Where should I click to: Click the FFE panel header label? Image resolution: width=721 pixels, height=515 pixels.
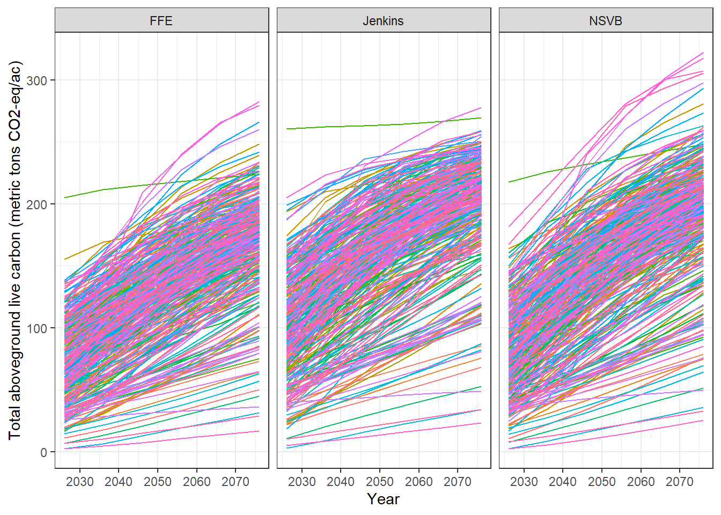161,21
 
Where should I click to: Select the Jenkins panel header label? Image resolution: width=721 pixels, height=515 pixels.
383,21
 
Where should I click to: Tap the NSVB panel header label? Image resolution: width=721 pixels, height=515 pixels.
606,21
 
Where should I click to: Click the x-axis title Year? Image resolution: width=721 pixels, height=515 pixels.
383,499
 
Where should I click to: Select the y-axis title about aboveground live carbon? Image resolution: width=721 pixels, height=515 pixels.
15,250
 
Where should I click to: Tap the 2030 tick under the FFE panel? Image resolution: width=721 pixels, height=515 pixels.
79,482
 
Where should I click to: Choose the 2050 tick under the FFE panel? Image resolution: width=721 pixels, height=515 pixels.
158,482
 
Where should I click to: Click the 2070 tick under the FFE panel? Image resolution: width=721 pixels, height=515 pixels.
236,482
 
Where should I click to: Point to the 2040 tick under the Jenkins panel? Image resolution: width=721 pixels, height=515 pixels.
341,482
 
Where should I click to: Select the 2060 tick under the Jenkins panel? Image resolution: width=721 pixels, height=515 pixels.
418,482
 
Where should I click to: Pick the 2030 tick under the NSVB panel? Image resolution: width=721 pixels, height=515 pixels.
524,482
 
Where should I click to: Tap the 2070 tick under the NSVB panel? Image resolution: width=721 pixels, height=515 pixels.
680,482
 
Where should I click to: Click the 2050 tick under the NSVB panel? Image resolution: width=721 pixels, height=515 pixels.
602,482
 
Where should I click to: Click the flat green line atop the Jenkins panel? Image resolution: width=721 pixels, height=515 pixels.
376,126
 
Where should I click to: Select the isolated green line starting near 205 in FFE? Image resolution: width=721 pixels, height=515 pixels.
86,194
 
